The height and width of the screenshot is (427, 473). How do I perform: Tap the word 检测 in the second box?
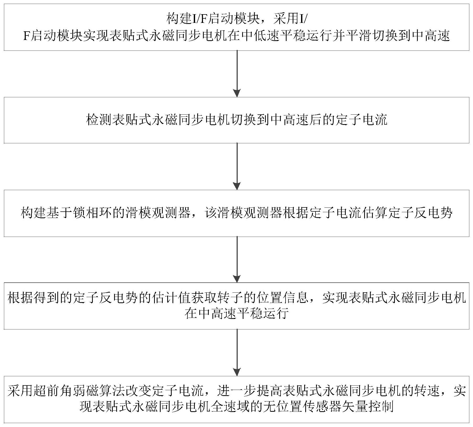pos(99,120)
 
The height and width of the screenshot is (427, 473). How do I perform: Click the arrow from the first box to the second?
pos(237,74)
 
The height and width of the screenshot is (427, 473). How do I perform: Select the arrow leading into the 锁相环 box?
pos(237,166)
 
